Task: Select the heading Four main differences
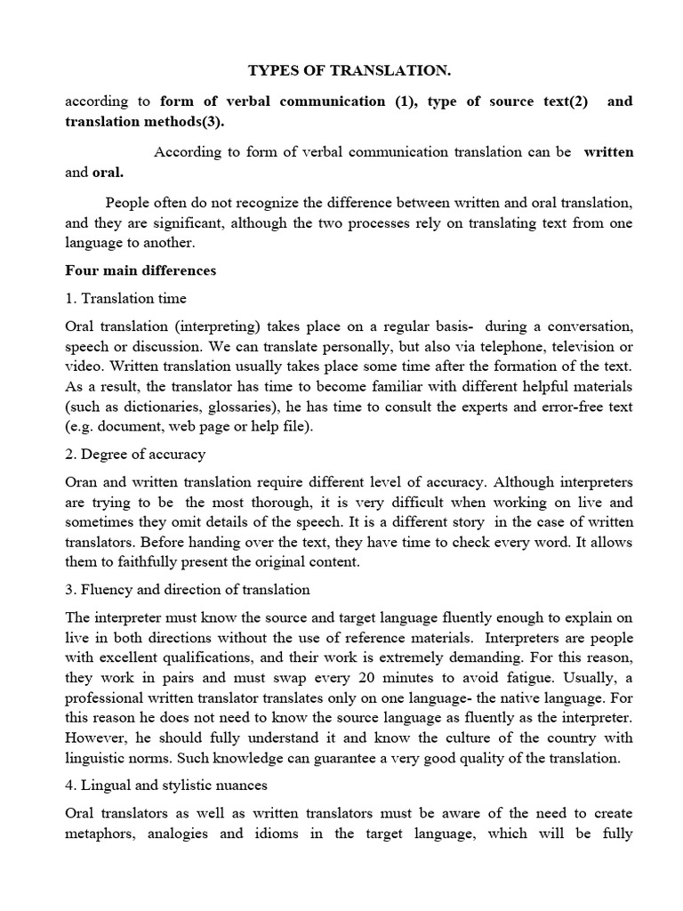[x=141, y=270]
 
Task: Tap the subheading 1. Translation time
[x=125, y=298]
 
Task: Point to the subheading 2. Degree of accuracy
[x=135, y=454]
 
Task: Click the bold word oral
[x=108, y=172]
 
